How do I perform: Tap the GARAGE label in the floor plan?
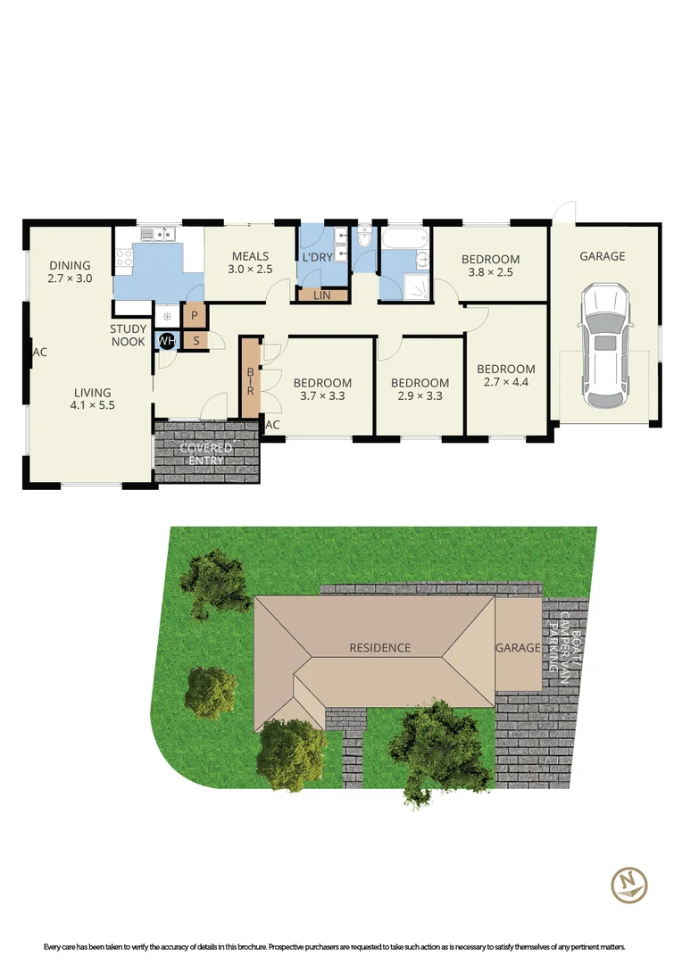(603, 256)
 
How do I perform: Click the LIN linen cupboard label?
(321, 295)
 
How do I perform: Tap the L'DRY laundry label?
(317, 258)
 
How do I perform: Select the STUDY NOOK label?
(129, 336)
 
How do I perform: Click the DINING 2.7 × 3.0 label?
(71, 271)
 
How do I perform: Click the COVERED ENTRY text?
(206, 453)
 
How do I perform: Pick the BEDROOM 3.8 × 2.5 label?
(490, 266)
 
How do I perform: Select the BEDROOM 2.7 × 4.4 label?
(505, 376)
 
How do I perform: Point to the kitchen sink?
(159, 234)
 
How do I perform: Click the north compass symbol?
(628, 884)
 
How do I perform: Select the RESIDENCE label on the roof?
(379, 647)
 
